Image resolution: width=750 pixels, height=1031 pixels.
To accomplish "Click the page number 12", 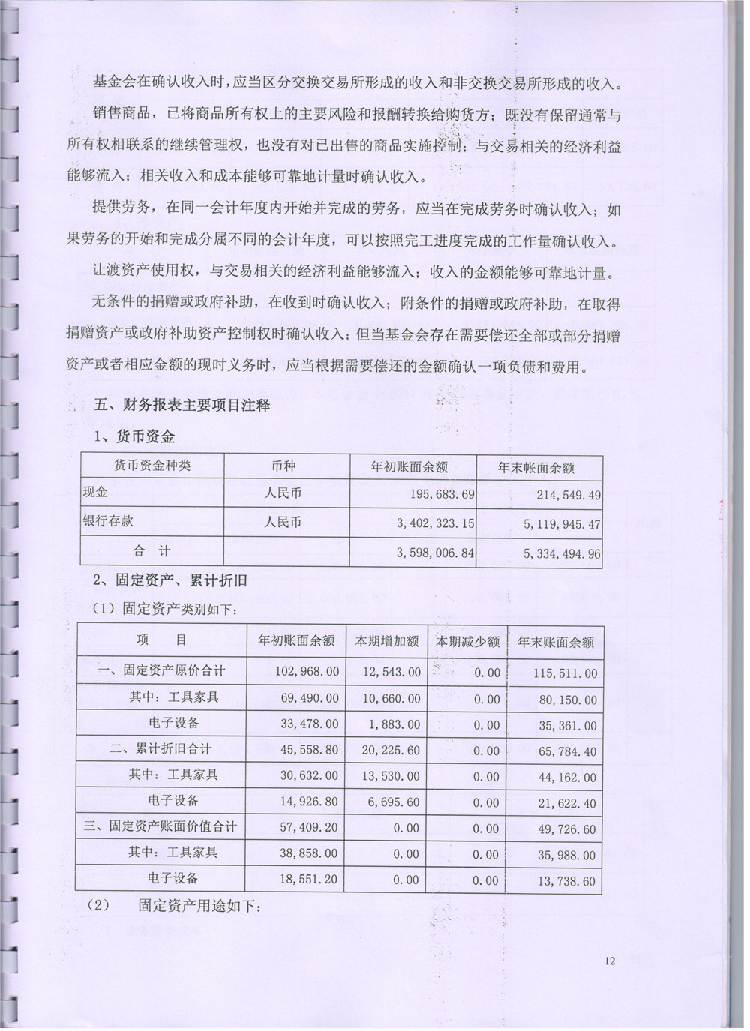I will pyautogui.click(x=609, y=961).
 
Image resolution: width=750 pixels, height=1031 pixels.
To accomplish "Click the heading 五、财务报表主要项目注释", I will pyautogui.click(x=181, y=405).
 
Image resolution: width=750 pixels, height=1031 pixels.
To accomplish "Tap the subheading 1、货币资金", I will pyautogui.click(x=133, y=436).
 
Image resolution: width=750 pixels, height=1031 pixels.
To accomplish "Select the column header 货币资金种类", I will pyautogui.click(x=152, y=466).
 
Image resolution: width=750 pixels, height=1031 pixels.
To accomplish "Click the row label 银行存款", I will pyautogui.click(x=108, y=521).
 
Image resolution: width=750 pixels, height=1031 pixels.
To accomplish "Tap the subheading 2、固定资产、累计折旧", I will pyautogui.click(x=169, y=580).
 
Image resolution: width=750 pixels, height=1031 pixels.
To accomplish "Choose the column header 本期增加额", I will pyautogui.click(x=386, y=642).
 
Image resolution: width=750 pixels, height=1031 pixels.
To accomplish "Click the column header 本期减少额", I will pyautogui.click(x=467, y=642).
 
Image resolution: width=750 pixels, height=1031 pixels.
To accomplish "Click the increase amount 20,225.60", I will pyautogui.click(x=391, y=751).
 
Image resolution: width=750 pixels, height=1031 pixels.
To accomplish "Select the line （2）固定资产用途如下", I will pyautogui.click(x=174, y=906).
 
